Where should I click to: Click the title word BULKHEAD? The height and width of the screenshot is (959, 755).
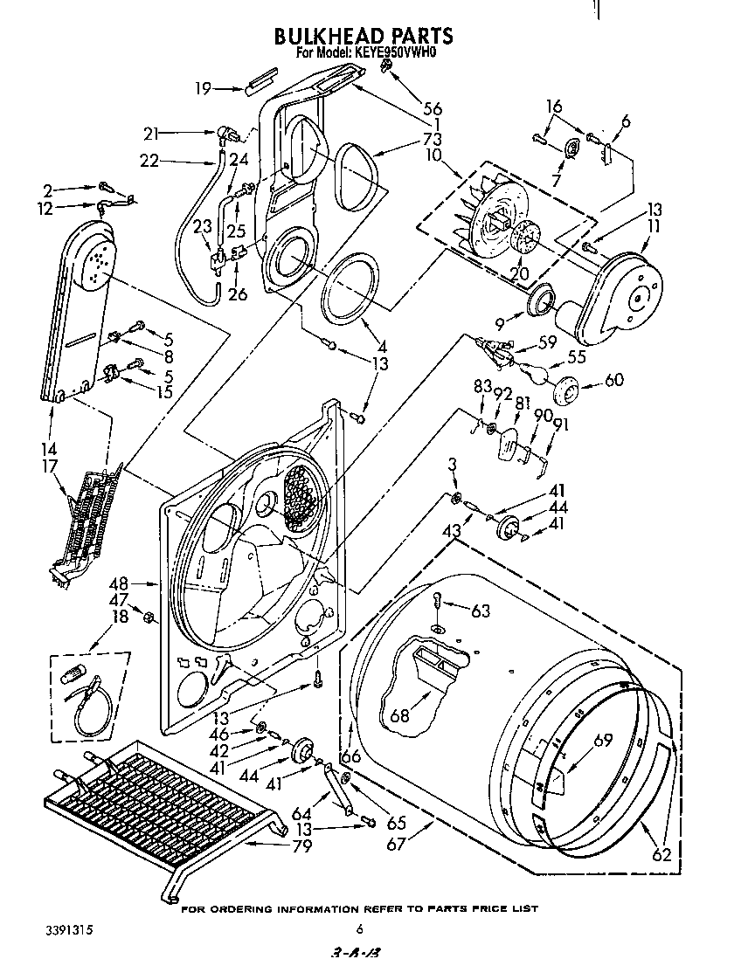click(x=328, y=37)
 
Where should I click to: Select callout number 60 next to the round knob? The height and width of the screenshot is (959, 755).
click(x=614, y=380)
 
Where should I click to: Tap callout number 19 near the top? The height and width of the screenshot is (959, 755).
click(x=203, y=88)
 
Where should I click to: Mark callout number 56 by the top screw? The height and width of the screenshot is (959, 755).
click(x=432, y=109)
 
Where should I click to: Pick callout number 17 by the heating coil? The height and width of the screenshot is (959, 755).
click(x=50, y=466)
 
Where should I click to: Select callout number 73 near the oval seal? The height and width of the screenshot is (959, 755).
click(x=431, y=140)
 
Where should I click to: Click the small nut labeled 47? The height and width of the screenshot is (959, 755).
click(x=149, y=618)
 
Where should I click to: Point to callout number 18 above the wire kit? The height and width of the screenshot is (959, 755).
click(x=120, y=617)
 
